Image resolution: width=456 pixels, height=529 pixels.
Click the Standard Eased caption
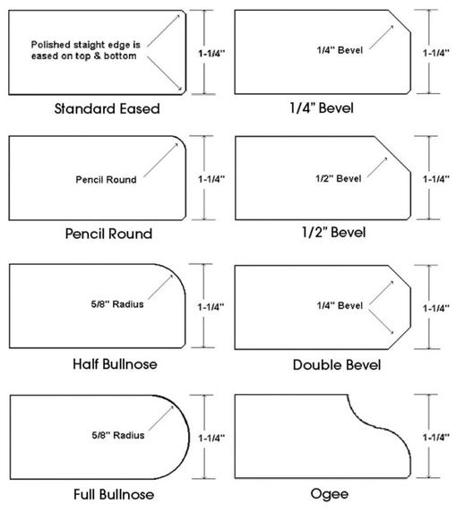pos(108,108)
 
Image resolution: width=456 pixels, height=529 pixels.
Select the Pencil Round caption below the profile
pos(108,234)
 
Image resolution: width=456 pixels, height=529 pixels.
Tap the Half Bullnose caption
pos(116,364)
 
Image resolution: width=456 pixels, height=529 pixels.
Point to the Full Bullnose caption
pos(114,495)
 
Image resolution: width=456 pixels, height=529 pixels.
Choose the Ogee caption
pos(330,495)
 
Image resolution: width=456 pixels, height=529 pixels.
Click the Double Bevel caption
pos(337,365)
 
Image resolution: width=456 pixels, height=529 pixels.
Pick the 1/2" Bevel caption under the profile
pos(334,233)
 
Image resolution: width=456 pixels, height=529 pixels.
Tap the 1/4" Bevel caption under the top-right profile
pos(322,108)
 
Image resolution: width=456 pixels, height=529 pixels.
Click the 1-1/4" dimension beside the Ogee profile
pos(436,437)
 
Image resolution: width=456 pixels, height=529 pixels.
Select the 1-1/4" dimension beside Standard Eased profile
pos(211,54)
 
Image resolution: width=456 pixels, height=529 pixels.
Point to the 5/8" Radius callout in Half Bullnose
pos(117,304)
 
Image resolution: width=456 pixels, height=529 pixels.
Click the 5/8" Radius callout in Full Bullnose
pos(118,435)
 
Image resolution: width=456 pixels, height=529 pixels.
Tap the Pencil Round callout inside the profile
pos(106,180)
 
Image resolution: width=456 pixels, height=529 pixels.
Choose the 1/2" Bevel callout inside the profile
pos(339,178)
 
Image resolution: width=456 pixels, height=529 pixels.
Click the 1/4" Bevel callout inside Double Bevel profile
pos(340,305)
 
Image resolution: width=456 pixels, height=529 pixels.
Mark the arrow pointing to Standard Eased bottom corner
pos(165,73)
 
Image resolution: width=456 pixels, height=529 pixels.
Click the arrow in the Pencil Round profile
pos(160,160)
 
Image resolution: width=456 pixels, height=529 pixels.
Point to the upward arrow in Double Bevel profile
pos(382,292)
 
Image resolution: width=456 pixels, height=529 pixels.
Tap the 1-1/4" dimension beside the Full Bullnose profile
pos(211,438)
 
